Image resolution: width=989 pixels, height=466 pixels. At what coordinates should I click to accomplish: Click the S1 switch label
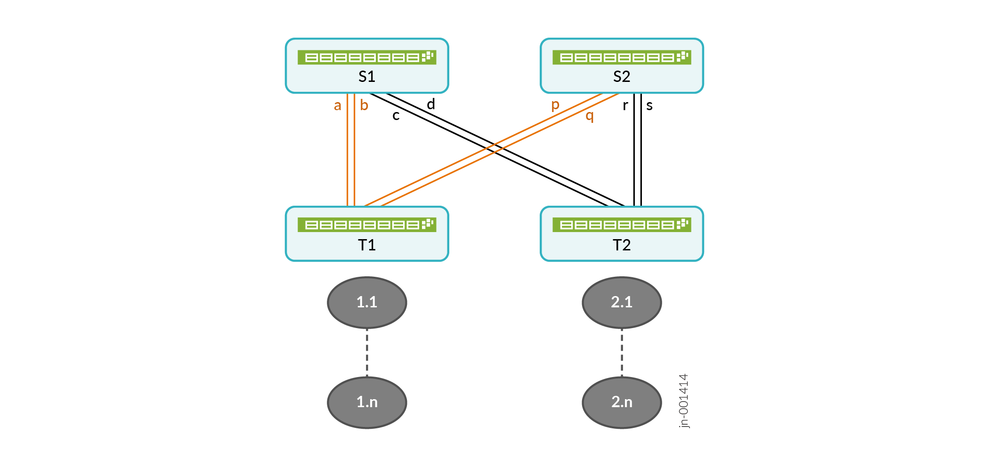pos(367,76)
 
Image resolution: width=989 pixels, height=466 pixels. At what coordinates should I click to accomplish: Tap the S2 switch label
pos(622,76)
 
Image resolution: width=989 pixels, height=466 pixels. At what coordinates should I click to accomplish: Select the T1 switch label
pos(367,245)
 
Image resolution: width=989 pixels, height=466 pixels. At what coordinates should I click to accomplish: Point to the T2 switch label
pos(622,245)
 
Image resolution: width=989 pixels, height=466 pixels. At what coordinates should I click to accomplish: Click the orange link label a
pos(337,106)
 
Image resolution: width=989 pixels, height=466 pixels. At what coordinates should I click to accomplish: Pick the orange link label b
pos(364,104)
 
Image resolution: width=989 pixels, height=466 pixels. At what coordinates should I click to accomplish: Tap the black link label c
pos(396,116)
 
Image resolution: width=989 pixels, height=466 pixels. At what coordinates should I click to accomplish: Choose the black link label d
pos(431,104)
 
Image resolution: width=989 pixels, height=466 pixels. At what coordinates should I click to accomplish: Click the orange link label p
pos(555,105)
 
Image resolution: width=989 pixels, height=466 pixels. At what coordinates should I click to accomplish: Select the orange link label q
pos(590,116)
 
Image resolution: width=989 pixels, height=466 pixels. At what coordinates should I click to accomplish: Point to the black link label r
pos(625,106)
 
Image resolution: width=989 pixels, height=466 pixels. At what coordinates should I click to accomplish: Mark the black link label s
pos(649,106)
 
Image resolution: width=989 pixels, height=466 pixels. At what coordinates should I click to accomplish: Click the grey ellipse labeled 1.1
pos(367,302)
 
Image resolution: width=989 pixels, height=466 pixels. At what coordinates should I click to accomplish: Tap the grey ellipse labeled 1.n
pos(367,402)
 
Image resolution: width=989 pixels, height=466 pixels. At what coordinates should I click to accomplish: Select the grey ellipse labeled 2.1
pos(622,302)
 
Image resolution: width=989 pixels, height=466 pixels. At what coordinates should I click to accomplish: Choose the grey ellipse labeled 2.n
pos(622,402)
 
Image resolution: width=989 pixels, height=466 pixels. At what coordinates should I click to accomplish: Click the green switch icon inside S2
pos(622,57)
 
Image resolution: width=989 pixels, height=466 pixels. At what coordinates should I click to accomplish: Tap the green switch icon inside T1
pos(367,225)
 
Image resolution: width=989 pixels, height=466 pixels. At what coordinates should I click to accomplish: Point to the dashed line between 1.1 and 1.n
pos(367,353)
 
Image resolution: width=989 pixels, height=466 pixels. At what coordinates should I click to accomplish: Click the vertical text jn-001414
pos(684,401)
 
